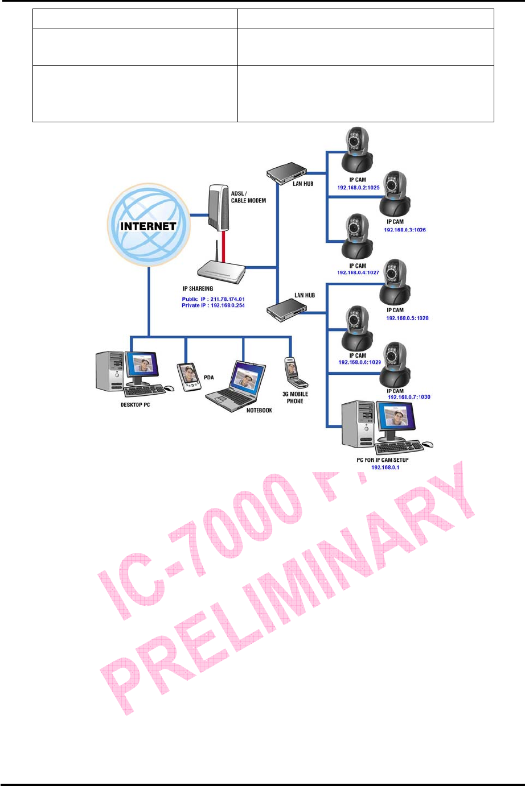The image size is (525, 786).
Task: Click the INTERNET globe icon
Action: click(149, 225)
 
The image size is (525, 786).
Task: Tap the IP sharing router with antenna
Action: click(221, 272)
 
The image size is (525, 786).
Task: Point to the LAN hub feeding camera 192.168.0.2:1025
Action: click(286, 173)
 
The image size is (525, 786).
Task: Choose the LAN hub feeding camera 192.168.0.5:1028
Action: click(286, 309)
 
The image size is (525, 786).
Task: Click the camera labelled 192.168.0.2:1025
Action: click(356, 151)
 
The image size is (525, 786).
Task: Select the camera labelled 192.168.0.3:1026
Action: click(395, 194)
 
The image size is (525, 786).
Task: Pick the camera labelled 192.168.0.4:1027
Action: click(356, 237)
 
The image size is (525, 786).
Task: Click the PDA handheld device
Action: click(190, 377)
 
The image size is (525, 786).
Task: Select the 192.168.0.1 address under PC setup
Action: click(385, 468)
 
